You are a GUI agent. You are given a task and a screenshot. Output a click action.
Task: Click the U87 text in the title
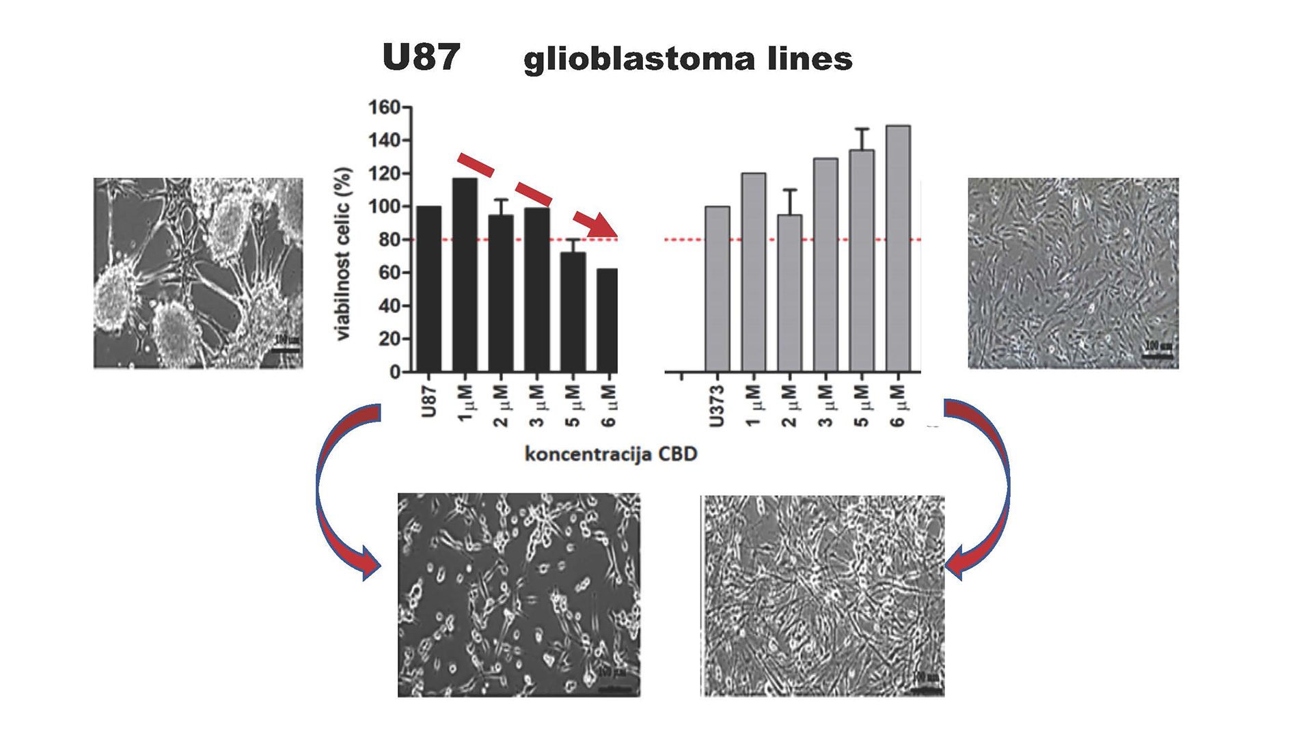click(421, 57)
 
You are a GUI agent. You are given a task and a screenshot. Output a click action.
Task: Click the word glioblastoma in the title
click(639, 59)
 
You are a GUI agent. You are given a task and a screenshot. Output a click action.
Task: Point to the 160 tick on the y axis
click(383, 108)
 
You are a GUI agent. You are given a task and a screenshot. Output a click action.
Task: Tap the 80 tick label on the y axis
click(389, 240)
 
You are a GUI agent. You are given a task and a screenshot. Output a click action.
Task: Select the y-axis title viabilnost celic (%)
click(343, 254)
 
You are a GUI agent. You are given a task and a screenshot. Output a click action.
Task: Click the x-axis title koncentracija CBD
click(610, 454)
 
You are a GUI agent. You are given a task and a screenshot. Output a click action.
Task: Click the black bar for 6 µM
click(607, 320)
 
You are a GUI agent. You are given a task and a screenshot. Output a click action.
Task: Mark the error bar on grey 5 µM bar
click(862, 139)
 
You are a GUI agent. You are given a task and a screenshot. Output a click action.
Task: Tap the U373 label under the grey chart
click(716, 407)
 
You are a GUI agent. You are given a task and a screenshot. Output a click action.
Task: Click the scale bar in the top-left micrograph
click(286, 350)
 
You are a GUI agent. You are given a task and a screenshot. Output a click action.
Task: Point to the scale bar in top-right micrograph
click(1158, 355)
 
